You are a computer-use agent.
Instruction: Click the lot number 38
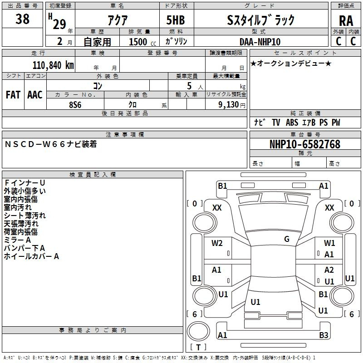(22, 20)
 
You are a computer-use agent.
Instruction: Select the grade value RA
(346, 21)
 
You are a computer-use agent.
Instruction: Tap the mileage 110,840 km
(53, 65)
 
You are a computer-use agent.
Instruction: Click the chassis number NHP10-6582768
(304, 144)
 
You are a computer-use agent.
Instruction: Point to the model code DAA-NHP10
(260, 42)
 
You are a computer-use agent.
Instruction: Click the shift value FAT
(13, 95)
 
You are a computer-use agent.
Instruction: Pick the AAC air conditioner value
(35, 95)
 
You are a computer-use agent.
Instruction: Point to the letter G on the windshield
(287, 239)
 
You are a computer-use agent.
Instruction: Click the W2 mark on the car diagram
(217, 243)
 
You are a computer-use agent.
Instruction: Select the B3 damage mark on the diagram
(324, 335)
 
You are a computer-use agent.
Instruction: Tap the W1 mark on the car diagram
(329, 243)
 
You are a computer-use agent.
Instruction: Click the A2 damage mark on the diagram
(329, 270)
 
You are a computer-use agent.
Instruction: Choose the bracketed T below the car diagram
(198, 347)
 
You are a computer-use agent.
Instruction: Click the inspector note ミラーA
(17, 240)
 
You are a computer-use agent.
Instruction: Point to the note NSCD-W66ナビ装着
(51, 145)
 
